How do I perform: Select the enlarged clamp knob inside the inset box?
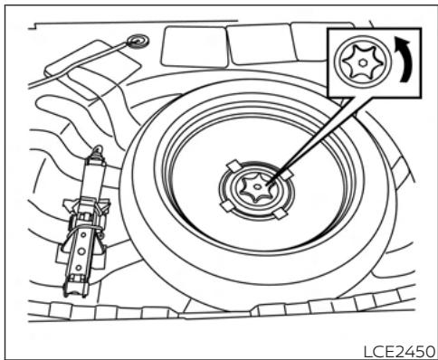click(x=357, y=62)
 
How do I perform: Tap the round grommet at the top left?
click(x=138, y=41)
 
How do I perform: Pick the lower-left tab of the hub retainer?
click(x=224, y=206)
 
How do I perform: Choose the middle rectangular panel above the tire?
click(x=255, y=43)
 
